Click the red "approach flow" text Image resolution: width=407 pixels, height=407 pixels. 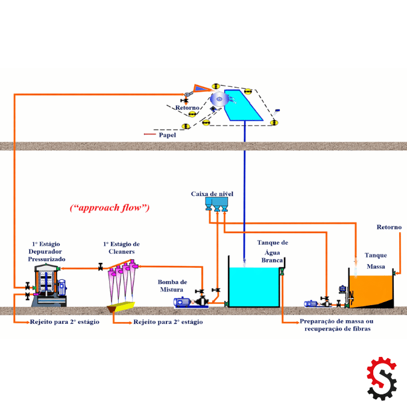(110, 208)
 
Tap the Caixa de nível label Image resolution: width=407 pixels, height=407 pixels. (212, 194)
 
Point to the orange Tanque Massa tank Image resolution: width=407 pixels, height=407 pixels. (370, 289)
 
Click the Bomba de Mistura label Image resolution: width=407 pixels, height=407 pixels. (172, 285)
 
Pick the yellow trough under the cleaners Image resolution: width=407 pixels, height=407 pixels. (120, 308)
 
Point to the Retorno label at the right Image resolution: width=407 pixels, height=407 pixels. (389, 227)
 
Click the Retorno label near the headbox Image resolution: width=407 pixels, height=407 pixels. (187, 108)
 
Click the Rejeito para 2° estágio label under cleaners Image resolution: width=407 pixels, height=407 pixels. (168, 323)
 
